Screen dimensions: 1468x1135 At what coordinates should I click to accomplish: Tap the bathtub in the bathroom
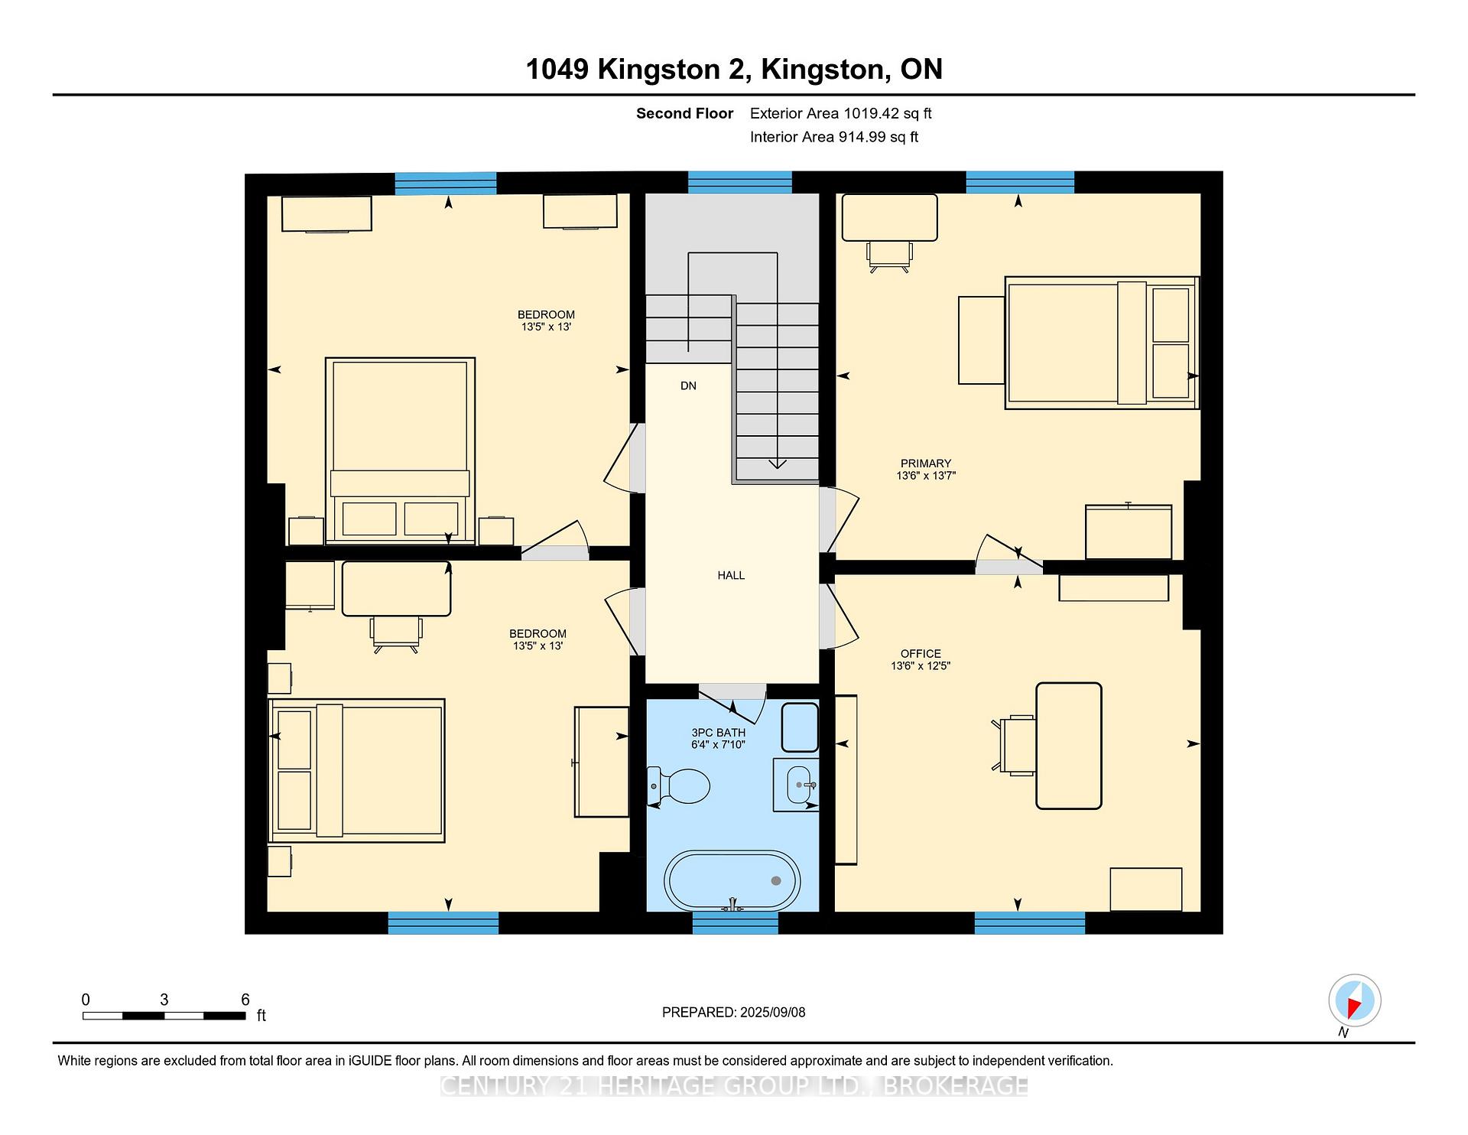point(732,880)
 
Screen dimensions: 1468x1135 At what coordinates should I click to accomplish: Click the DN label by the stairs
point(688,386)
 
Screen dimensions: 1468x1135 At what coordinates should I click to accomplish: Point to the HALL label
point(731,575)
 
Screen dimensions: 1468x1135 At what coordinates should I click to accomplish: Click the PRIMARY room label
point(926,463)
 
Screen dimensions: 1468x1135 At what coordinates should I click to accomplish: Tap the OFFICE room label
point(921,654)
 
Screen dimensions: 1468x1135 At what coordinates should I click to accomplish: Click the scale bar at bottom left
point(164,1016)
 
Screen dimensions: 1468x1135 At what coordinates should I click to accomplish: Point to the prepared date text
point(733,1013)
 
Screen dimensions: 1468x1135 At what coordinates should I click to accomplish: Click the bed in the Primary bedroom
point(1102,343)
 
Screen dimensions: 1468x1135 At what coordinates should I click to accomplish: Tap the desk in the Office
point(1069,746)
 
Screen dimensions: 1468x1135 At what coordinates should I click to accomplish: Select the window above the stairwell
point(740,182)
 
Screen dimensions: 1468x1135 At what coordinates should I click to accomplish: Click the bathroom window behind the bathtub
point(736,923)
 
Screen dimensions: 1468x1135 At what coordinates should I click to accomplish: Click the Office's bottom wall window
point(1030,923)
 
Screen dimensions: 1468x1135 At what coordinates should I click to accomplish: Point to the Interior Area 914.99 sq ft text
point(834,137)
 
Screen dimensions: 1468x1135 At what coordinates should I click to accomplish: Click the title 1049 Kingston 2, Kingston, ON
point(734,70)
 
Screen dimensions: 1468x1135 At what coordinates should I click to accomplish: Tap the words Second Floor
point(684,114)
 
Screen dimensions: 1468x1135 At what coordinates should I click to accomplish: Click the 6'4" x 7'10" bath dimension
point(718,745)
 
